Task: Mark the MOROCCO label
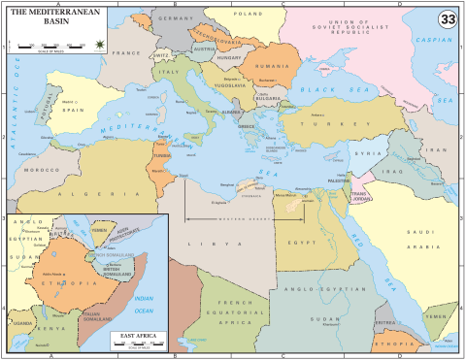[x=42, y=170]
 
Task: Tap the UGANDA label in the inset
[x=23, y=321]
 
